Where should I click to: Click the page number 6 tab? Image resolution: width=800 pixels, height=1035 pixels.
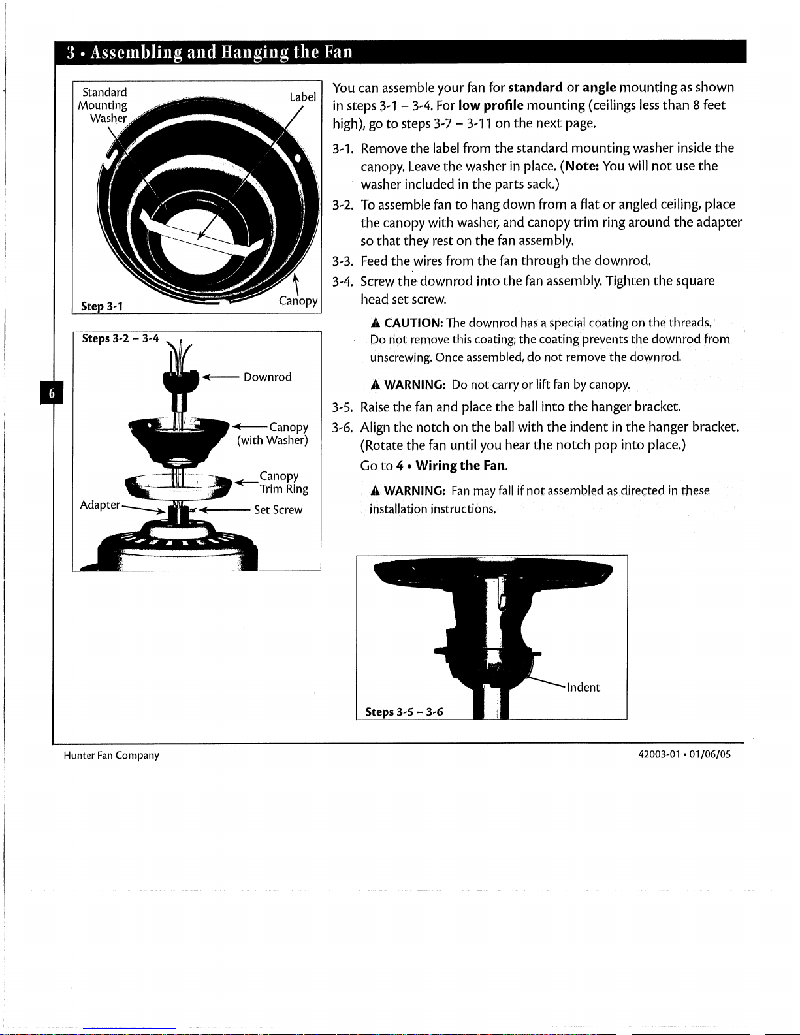click(x=52, y=392)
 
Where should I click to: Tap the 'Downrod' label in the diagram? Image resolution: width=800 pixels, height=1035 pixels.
click(x=267, y=377)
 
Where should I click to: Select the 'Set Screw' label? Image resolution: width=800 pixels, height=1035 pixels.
click(x=278, y=509)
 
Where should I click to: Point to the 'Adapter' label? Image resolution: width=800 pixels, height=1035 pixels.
click(x=100, y=504)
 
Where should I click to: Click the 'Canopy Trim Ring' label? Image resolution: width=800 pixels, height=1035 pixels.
click(x=284, y=483)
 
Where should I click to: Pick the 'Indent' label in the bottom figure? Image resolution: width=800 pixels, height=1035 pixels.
click(x=583, y=687)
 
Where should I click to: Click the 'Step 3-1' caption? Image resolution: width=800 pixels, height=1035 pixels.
click(x=102, y=306)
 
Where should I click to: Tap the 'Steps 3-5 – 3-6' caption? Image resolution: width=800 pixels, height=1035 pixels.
click(x=404, y=712)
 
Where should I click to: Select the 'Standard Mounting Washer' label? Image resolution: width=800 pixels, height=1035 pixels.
click(x=103, y=105)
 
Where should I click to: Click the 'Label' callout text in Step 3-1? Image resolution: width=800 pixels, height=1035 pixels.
click(x=303, y=97)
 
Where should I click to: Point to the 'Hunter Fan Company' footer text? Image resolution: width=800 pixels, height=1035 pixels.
click(x=112, y=755)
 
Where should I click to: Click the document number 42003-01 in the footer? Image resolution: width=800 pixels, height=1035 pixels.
click(x=659, y=754)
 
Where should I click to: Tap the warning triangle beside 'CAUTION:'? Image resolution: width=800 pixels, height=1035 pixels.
click(x=376, y=323)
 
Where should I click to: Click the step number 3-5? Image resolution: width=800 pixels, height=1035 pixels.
click(x=342, y=407)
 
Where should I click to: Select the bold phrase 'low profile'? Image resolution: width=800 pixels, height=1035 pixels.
click(x=490, y=105)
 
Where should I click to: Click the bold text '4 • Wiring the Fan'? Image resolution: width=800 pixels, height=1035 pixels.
click(x=451, y=466)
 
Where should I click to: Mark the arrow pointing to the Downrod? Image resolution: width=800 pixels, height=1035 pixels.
click(x=221, y=377)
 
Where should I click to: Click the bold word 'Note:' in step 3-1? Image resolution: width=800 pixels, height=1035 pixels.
click(x=581, y=167)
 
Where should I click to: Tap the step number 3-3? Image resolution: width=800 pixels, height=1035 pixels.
click(x=342, y=261)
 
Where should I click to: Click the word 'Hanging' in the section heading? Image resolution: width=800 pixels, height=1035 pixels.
click(x=255, y=52)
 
